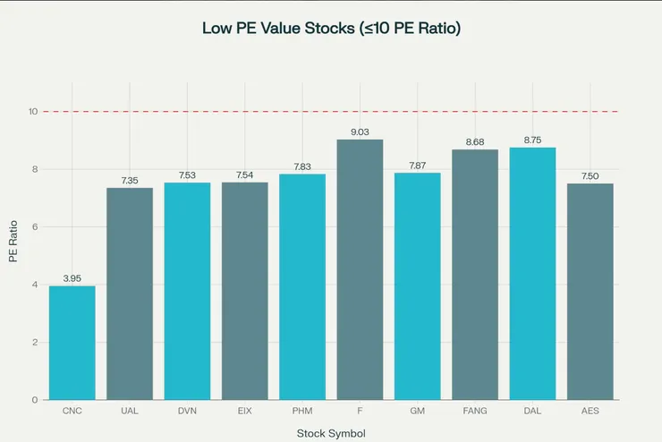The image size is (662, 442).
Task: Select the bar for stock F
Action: (x=360, y=269)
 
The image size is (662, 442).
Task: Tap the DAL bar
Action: (x=532, y=274)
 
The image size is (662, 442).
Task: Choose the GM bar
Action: (x=418, y=286)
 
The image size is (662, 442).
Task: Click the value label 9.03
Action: (x=360, y=132)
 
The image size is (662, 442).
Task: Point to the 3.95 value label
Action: (x=72, y=278)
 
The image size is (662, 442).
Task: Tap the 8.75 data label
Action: (x=532, y=140)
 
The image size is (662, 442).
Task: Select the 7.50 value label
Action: (x=590, y=176)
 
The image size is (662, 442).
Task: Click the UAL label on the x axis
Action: (x=130, y=411)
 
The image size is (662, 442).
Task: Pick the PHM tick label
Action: (x=302, y=411)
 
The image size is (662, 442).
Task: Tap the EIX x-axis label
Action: (x=245, y=411)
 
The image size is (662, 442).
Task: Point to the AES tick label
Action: (x=590, y=411)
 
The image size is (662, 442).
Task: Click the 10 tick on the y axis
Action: (x=32, y=112)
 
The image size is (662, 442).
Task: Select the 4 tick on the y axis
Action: (x=35, y=285)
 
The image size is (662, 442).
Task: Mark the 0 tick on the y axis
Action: (x=35, y=400)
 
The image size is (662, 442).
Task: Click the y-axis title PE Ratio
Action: (x=13, y=242)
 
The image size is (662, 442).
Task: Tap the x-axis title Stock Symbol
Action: (x=331, y=433)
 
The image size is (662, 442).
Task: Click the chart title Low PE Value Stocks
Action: (x=331, y=27)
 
